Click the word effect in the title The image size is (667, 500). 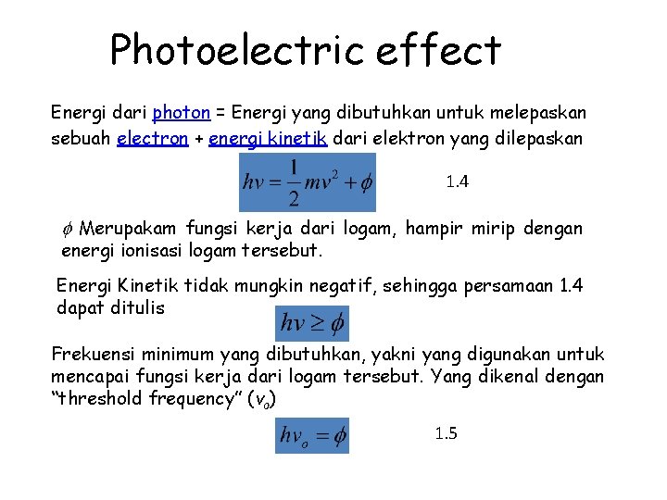point(438,50)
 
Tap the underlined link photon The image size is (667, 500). point(182,113)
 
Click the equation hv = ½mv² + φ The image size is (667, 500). point(307,182)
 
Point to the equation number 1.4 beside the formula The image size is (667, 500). point(457,182)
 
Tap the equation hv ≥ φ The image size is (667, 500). point(312,323)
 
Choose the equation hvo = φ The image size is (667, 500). point(312,434)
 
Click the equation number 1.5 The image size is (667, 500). point(446,433)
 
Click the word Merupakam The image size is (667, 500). point(129,229)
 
